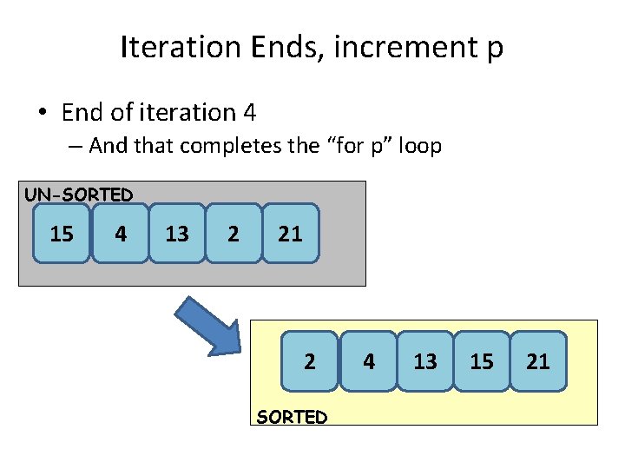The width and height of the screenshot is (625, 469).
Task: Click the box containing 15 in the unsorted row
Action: pos(62,233)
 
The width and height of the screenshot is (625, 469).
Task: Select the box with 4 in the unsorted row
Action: pos(120,233)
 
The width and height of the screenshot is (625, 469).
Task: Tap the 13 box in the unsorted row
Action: pos(177,233)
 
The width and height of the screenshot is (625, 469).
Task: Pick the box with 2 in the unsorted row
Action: pos(234,233)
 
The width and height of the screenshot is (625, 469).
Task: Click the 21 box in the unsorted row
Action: pos(291,233)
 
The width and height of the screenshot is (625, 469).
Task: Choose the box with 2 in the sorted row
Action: pos(309,360)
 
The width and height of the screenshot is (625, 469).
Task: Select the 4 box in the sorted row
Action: pos(369,360)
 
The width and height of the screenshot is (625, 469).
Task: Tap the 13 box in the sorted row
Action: pos(425,360)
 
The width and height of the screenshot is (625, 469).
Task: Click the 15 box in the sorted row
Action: pos(482,360)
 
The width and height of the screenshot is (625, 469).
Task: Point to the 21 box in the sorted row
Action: pos(538,360)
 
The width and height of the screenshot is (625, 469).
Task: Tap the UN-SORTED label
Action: pos(78,195)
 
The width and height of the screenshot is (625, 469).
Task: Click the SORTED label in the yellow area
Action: pos(292,417)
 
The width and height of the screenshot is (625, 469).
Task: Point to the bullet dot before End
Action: pos(41,114)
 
